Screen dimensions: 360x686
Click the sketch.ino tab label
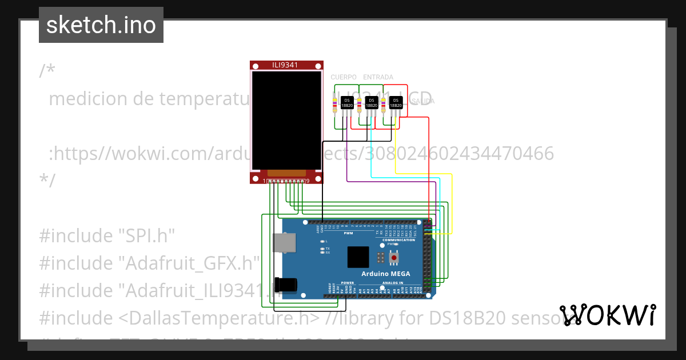click(x=101, y=25)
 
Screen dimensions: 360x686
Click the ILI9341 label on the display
click(x=286, y=65)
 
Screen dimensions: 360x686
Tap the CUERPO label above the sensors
click(x=344, y=77)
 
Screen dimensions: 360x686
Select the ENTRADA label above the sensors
click(x=378, y=77)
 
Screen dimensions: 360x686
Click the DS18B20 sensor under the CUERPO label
click(x=347, y=103)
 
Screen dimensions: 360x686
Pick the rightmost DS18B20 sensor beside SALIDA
click(x=395, y=103)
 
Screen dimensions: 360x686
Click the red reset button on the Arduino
click(x=394, y=258)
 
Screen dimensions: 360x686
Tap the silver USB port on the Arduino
click(x=284, y=242)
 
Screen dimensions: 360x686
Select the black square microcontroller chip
click(x=358, y=257)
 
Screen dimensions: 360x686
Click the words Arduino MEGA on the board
click(x=386, y=274)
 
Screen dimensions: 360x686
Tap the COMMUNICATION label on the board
click(x=398, y=240)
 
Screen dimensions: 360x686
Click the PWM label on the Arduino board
click(x=348, y=233)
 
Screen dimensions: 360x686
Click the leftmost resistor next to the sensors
click(x=334, y=105)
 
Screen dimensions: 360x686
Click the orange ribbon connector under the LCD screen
click(x=286, y=173)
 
